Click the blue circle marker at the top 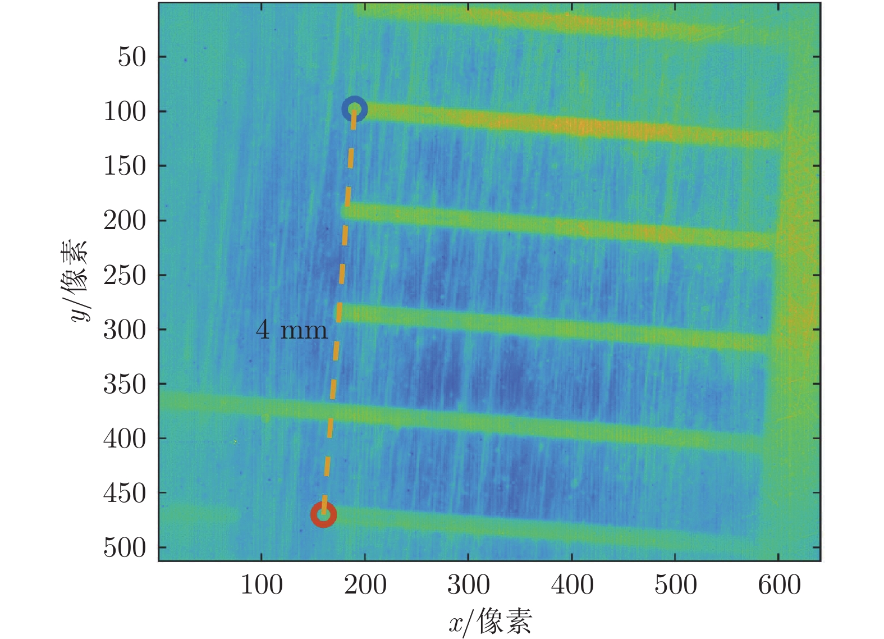point(355,109)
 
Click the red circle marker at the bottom point(324,514)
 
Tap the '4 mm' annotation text point(291,330)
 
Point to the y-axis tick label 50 point(132,57)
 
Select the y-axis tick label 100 point(125,111)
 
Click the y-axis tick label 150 point(125,166)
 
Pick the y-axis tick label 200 point(125,220)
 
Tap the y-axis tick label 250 point(125,275)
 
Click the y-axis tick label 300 point(125,330)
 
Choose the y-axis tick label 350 point(125,384)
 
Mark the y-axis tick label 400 point(125,439)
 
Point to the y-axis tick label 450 point(125,493)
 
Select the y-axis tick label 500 point(125,547)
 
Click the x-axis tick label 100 point(262,585)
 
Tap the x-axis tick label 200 point(365,585)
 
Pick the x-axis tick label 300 point(469,585)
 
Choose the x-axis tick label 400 point(572,585)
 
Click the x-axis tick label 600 point(779,585)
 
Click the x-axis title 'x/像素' point(490,622)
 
